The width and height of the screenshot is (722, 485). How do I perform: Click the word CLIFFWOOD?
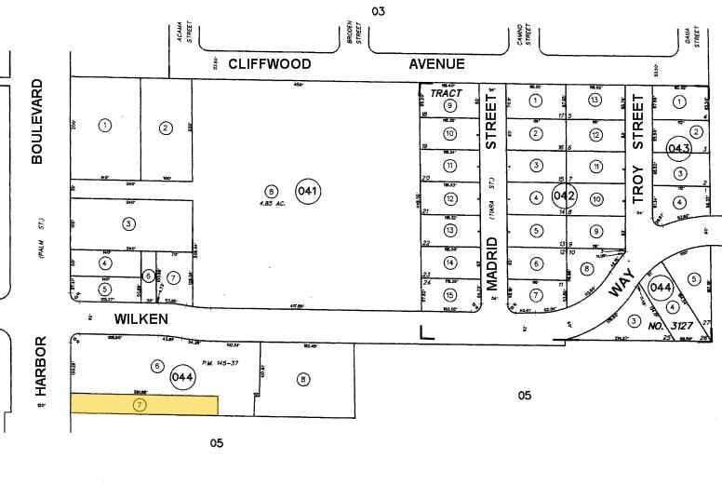click(x=263, y=64)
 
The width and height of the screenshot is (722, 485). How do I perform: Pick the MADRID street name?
click(x=492, y=264)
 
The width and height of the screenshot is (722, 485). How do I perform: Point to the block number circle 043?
click(x=678, y=147)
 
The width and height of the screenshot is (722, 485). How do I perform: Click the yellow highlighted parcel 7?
click(x=144, y=405)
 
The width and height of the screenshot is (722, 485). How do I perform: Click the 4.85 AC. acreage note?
click(x=271, y=203)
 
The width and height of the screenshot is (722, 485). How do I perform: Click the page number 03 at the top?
click(x=378, y=11)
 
